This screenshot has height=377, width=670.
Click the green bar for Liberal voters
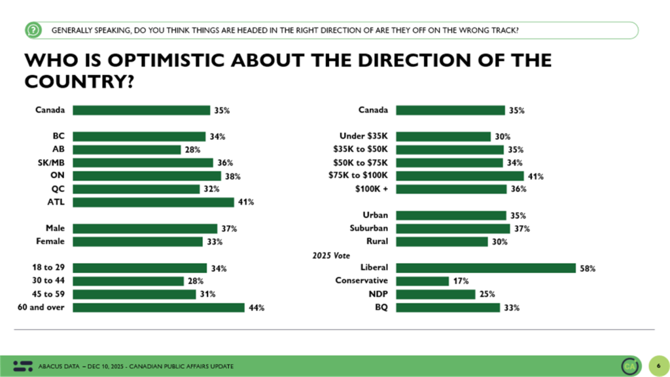coord(485,268)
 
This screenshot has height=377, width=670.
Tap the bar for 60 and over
coord(158,307)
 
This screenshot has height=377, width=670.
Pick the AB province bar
coord(127,150)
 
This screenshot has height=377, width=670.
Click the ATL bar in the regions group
coord(153,202)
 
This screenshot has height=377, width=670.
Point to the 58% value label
coord(588,268)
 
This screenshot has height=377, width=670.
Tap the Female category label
coord(50,242)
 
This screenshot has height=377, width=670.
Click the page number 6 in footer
coord(656,365)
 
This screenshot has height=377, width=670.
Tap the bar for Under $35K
coord(444,137)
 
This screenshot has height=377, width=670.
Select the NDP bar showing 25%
coord(436,294)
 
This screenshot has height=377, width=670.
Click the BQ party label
coord(381,307)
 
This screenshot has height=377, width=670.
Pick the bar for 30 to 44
coord(128,281)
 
